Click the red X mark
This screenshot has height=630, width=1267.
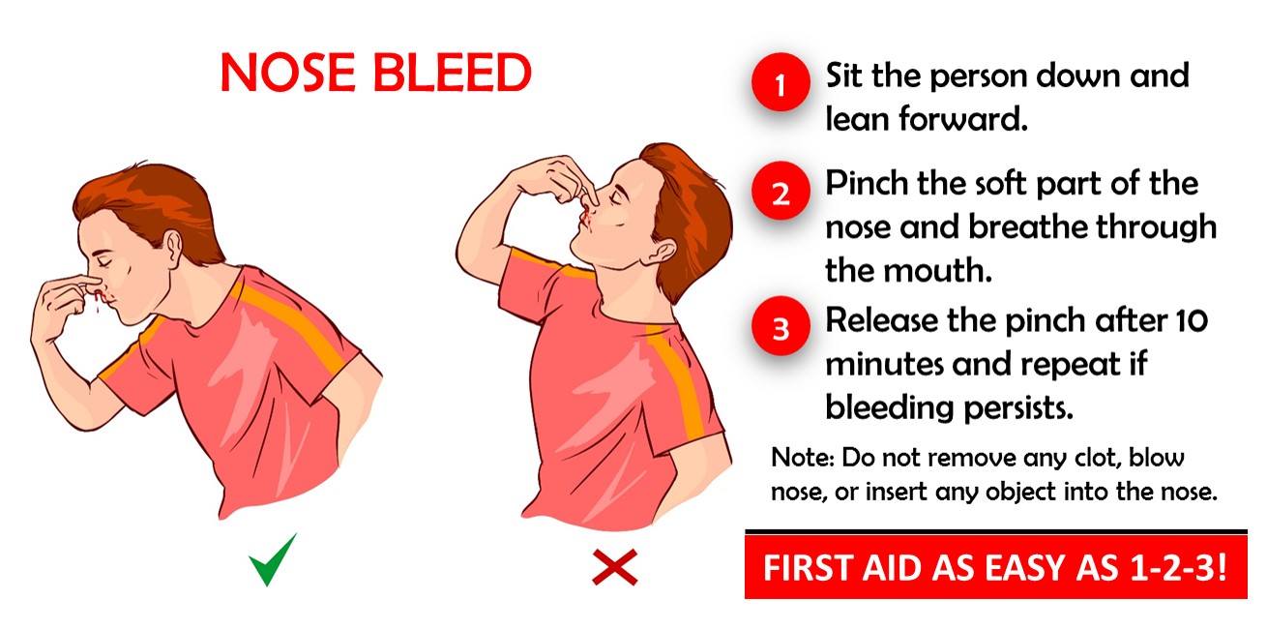(615, 566)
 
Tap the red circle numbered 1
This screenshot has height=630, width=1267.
(781, 82)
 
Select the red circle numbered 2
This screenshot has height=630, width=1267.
(781, 191)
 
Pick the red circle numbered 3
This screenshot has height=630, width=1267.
(781, 326)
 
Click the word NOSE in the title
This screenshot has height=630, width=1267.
(287, 73)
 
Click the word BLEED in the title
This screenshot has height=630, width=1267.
(453, 73)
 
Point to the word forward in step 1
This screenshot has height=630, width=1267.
(962, 118)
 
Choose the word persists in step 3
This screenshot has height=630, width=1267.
(1018, 407)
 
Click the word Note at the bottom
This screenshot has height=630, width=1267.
(803, 457)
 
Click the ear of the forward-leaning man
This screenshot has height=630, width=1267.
(172, 248)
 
